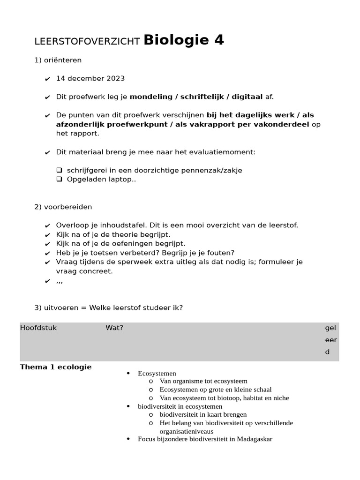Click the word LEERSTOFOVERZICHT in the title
87,42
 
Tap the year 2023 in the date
116,78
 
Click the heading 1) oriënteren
58,60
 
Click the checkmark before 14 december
47,79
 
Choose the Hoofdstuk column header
38,328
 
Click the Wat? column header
114,328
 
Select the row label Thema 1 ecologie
56,367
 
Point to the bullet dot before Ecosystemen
128,373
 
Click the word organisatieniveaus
186,431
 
